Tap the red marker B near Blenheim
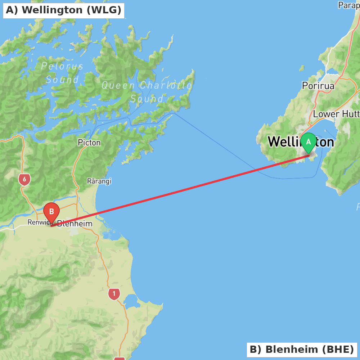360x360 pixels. pos(51,211)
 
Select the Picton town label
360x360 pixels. pos(89,143)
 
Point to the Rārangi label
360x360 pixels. pos(99,181)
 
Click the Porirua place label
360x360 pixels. pos(318,86)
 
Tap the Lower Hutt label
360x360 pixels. pos(336,114)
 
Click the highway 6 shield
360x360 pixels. pos(24,179)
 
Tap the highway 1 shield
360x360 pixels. pos(114,294)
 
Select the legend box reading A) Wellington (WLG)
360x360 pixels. pos(64,10)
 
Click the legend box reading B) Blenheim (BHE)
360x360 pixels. pos(302,349)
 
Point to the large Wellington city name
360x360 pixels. pos(284,142)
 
